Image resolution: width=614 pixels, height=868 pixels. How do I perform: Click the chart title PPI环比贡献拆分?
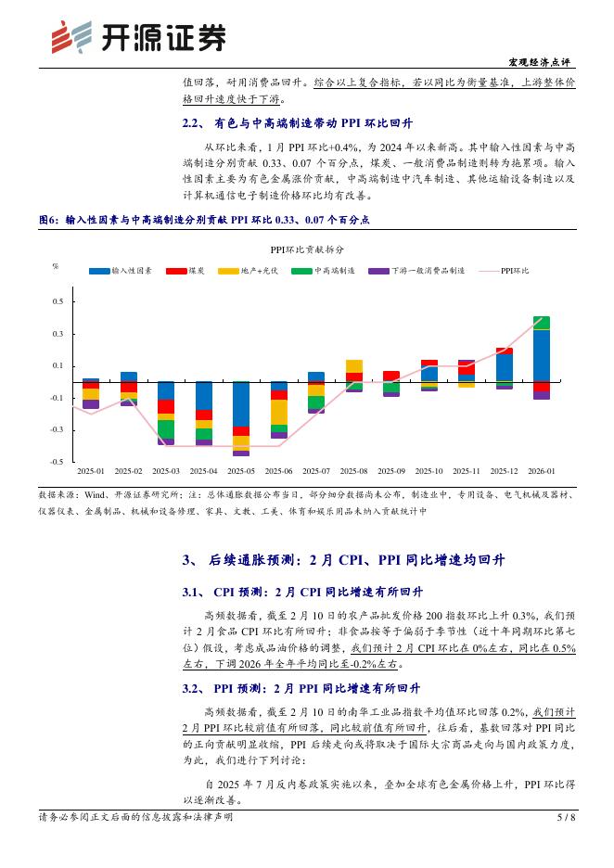coord(307,249)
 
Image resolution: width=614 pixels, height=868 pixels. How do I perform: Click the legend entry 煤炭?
coord(185,271)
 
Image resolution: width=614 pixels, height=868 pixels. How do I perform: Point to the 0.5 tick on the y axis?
coord(58,302)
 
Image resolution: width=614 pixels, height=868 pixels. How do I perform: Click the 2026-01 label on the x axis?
coord(541,472)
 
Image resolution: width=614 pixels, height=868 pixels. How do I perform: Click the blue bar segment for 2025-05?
coord(240,404)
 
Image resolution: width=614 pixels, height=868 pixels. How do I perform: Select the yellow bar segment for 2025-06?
coord(279,412)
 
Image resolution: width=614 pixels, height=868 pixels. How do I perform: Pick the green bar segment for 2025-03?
coord(166,429)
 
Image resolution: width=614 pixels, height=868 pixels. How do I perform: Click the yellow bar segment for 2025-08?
coord(354,366)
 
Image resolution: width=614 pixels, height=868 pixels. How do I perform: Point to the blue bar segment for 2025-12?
coord(504,367)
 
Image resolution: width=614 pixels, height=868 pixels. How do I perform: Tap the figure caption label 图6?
coord(48,220)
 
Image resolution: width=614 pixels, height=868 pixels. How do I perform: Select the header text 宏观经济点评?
coord(541,62)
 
